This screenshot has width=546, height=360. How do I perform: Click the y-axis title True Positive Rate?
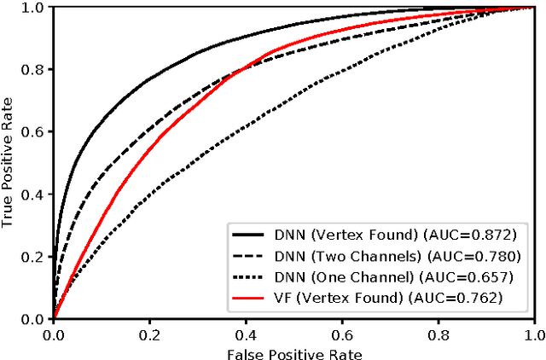[x=9, y=163]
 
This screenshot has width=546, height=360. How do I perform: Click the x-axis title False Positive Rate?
[x=294, y=351]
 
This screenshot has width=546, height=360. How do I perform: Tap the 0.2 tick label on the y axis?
[x=34, y=257]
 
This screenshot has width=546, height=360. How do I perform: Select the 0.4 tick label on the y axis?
[x=34, y=195]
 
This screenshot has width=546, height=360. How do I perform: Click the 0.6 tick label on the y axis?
[x=34, y=132]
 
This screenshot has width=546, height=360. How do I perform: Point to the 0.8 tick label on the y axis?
[x=34, y=70]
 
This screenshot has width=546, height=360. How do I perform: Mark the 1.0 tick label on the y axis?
[x=34, y=8]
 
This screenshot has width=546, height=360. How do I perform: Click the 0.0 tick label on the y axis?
[x=34, y=319]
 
